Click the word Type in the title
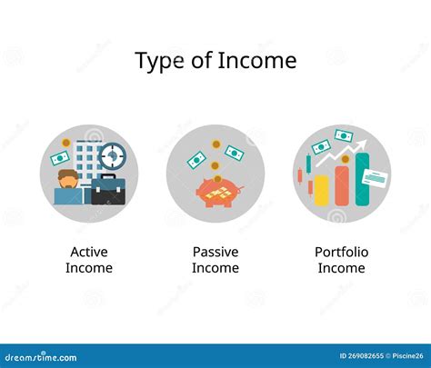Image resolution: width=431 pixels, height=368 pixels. pyautogui.click(x=159, y=61)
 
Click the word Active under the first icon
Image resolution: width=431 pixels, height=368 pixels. pyautogui.click(x=89, y=252)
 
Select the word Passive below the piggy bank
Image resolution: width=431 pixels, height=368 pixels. pyautogui.click(x=215, y=252)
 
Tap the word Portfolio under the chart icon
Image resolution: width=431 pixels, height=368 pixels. pyautogui.click(x=342, y=252)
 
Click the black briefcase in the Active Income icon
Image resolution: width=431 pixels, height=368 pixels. pyautogui.click(x=108, y=190)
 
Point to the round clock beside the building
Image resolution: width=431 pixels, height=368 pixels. pyautogui.click(x=113, y=156)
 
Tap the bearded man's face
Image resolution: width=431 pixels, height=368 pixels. pyautogui.click(x=68, y=180)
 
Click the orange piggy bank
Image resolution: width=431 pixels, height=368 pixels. pyautogui.click(x=219, y=193)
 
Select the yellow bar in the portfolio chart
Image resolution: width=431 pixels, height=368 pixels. pyautogui.click(x=322, y=190)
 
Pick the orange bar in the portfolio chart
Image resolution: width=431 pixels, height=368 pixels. pyautogui.click(x=342, y=185)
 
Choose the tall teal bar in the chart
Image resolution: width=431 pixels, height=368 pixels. pyautogui.click(x=362, y=179)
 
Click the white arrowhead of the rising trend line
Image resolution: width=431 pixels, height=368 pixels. pyautogui.click(x=363, y=144)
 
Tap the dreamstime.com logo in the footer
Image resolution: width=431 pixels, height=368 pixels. pyautogui.click(x=41, y=357)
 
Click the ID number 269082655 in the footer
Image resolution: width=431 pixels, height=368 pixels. pyautogui.click(x=362, y=356)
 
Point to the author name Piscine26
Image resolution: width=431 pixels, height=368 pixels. pyautogui.click(x=407, y=356)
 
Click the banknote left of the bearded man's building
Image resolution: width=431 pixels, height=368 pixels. pyautogui.click(x=60, y=158)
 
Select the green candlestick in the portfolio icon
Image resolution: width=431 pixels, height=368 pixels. pyautogui.click(x=308, y=164)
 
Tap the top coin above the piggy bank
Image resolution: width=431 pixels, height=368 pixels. pyautogui.click(x=215, y=144)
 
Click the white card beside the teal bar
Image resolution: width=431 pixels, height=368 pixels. pyautogui.click(x=375, y=178)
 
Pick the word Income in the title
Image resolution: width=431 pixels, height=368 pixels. pyautogui.click(x=257, y=61)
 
